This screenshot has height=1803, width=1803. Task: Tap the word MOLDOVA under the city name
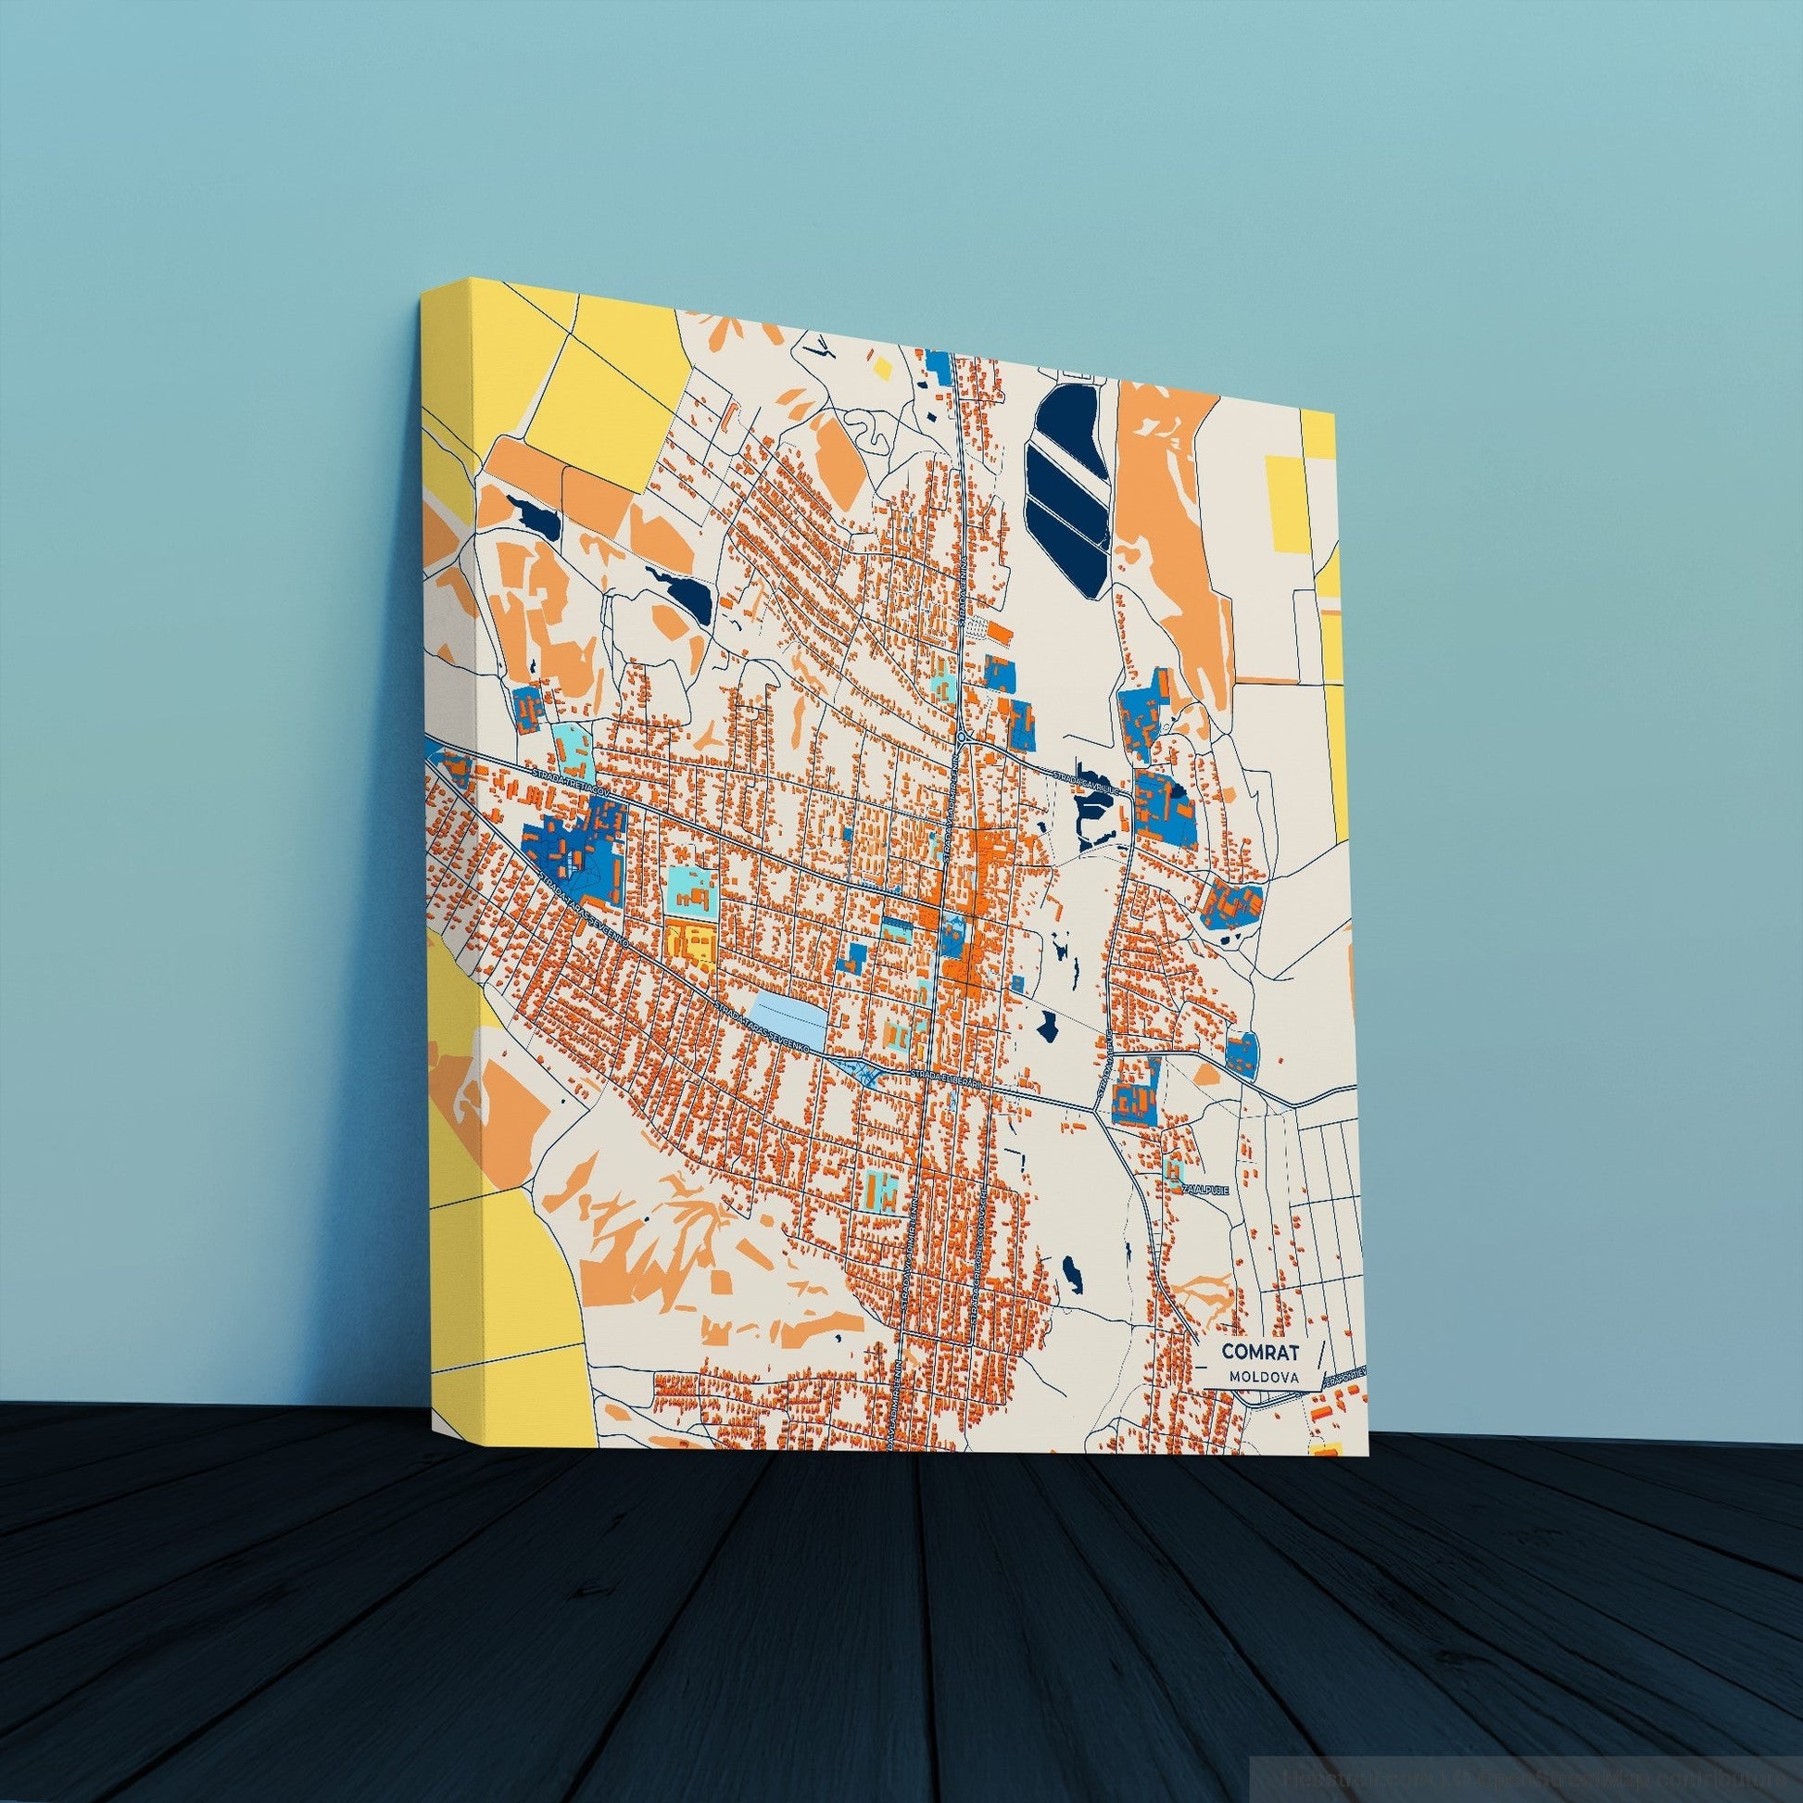click(x=1256, y=1377)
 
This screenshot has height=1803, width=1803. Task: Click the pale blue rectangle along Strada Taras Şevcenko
click(x=788, y=1018)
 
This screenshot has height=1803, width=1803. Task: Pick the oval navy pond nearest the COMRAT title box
click(x=1070, y=1270)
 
